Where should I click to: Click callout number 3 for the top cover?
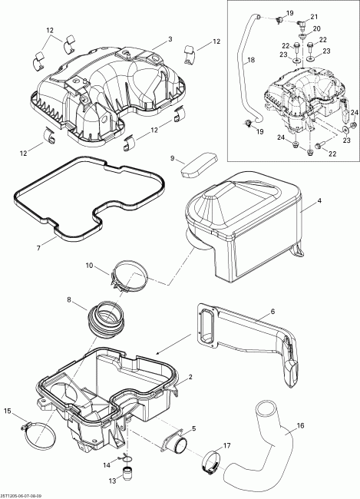[x=170, y=38]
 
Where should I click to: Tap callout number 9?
[x=173, y=160]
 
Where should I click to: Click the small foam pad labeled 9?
[x=197, y=165]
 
